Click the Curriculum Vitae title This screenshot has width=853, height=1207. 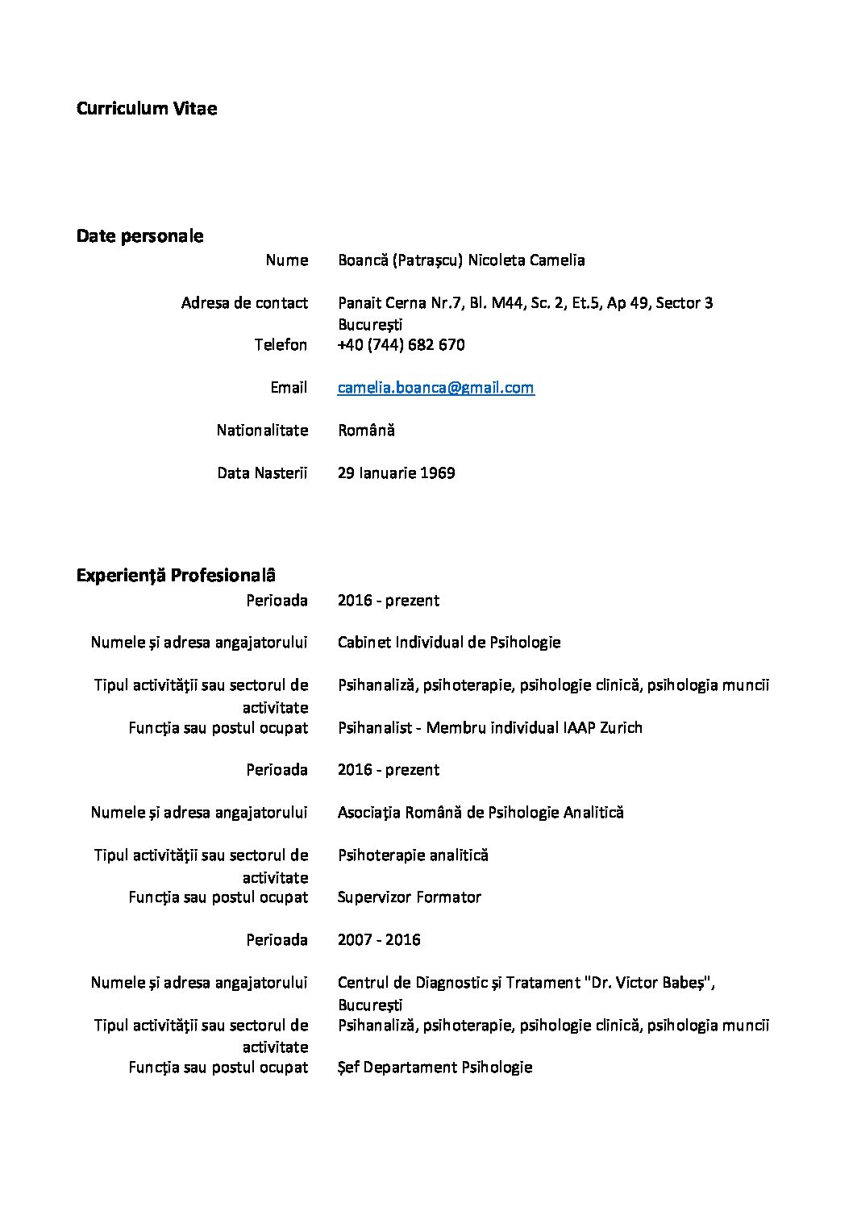pyautogui.click(x=146, y=109)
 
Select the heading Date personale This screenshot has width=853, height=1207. pyautogui.click(x=139, y=236)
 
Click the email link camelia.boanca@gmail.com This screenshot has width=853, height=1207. pyautogui.click(x=435, y=388)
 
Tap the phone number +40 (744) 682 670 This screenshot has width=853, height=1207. pyautogui.click(x=401, y=345)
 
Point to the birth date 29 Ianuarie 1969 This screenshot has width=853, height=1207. pyautogui.click(x=396, y=473)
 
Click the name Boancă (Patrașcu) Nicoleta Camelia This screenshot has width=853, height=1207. pyautogui.click(x=461, y=260)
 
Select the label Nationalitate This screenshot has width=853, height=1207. pyautogui.click(x=262, y=431)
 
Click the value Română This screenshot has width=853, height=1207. pyautogui.click(x=366, y=431)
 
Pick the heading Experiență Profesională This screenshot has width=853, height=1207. pyautogui.click(x=176, y=576)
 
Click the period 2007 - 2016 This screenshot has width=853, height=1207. pyautogui.click(x=379, y=940)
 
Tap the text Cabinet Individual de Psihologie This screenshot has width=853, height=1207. pyautogui.click(x=449, y=643)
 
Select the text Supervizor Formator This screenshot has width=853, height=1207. pyautogui.click(x=409, y=897)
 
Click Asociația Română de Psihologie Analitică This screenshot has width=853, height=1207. pyautogui.click(x=481, y=813)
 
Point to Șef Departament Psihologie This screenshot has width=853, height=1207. pyautogui.click(x=435, y=1068)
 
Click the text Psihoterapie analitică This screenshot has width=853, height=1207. pyautogui.click(x=413, y=855)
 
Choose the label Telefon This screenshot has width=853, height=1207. pyautogui.click(x=281, y=345)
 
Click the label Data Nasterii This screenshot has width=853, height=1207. pyautogui.click(x=262, y=473)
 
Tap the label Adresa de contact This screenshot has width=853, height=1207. pyautogui.click(x=244, y=303)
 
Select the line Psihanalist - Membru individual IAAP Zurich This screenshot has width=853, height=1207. pyautogui.click(x=489, y=728)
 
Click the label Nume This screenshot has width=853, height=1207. pyautogui.click(x=287, y=260)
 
